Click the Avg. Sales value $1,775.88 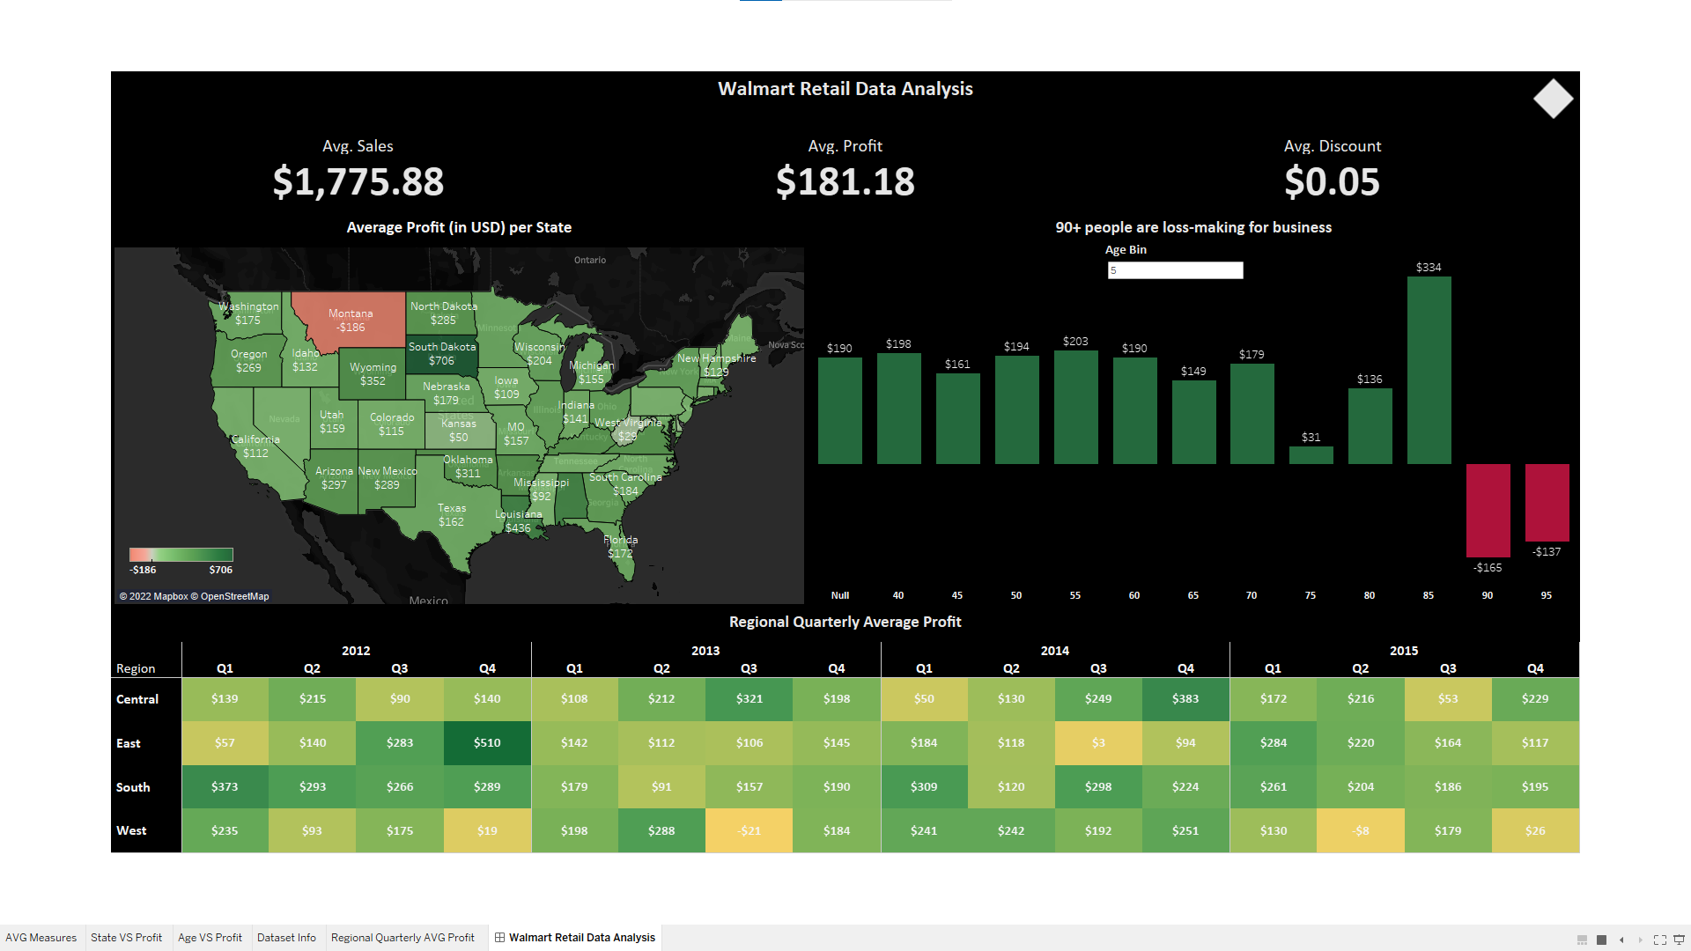point(358,182)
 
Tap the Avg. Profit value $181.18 point(845,182)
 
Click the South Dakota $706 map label point(441,354)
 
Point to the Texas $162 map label point(451,515)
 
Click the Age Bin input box point(1175,270)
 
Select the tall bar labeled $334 point(1429,370)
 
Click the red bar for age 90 point(1488,510)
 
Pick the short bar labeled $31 point(1311,455)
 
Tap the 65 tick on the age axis point(1193,596)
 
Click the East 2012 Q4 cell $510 point(487,743)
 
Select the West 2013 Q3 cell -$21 point(749,831)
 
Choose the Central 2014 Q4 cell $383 point(1185,699)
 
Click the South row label point(133,787)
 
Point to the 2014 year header point(1054,651)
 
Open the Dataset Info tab point(286,938)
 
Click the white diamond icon point(1553,99)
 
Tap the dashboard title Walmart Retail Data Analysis point(845,89)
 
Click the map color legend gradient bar point(181,555)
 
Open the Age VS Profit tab point(210,938)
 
